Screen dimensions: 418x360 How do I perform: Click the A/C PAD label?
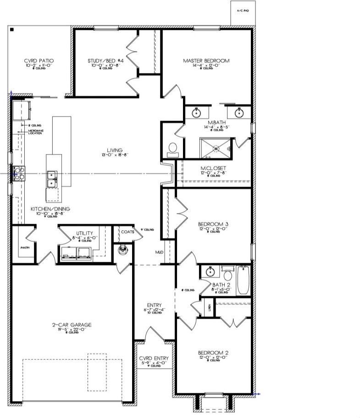coord(242,10)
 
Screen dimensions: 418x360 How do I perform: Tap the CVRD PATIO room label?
coord(39,60)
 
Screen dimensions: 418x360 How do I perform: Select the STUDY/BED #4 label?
coord(105,60)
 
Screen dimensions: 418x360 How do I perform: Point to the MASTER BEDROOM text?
coord(206,60)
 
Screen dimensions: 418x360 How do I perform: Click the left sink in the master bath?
coord(197,112)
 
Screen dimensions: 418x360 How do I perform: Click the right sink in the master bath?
coord(239,112)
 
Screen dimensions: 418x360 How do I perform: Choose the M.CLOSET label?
coord(213,168)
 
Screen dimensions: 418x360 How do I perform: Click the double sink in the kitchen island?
coord(51,179)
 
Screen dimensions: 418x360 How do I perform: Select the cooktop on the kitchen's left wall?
coord(18,173)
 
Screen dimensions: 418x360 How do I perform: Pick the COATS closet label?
coord(128,232)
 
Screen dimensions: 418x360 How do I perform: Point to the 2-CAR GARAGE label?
coord(72,325)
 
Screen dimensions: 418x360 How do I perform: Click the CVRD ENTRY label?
coord(154,358)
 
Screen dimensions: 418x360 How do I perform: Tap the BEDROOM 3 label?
coord(213,224)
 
